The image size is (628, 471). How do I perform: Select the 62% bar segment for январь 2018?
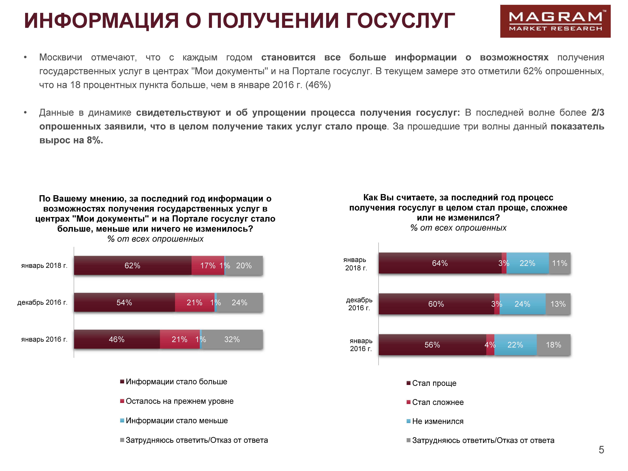click(133, 265)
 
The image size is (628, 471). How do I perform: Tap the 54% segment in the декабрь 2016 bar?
click(124, 302)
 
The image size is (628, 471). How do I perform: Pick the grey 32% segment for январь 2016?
click(232, 339)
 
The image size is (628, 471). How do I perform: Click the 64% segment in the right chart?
click(440, 263)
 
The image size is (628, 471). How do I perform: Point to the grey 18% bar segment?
click(553, 345)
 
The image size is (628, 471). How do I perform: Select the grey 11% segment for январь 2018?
click(559, 263)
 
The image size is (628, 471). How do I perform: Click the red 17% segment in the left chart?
click(208, 265)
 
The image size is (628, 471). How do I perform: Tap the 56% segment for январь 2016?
click(432, 345)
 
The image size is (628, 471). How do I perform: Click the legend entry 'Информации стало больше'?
click(176, 382)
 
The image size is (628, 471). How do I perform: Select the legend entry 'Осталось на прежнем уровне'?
click(179, 401)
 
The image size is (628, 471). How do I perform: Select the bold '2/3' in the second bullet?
click(598, 112)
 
